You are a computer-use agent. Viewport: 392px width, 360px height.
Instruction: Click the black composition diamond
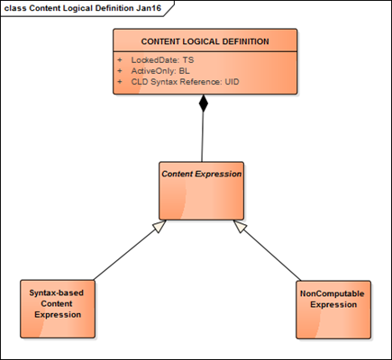[204, 103]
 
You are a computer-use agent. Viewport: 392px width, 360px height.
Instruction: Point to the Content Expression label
[201, 173]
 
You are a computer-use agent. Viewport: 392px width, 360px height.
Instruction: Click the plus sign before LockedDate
[120, 59]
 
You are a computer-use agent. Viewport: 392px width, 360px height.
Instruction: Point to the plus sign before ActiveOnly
[120, 70]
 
